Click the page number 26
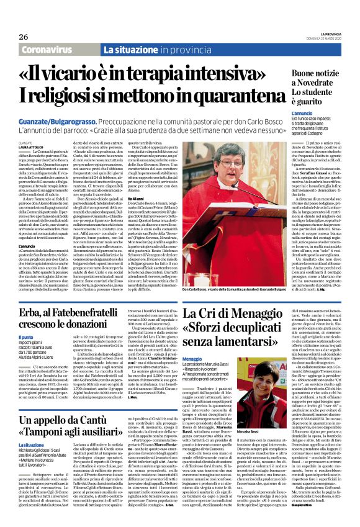click(x=14, y=37)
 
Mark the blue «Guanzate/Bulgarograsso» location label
click(x=64, y=124)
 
